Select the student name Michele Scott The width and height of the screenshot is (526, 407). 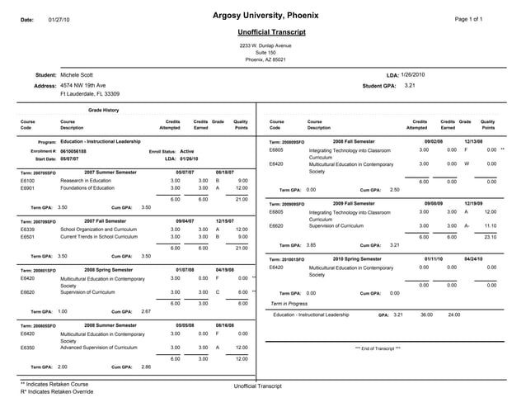(77, 75)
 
